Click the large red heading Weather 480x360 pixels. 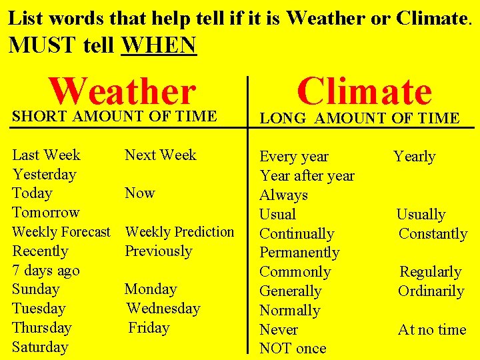(x=123, y=91)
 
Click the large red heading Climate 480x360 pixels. (x=364, y=91)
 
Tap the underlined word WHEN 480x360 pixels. (x=159, y=45)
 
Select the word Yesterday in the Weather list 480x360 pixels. (x=44, y=174)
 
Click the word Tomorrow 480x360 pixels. (x=45, y=213)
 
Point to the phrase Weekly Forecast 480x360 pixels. (x=61, y=232)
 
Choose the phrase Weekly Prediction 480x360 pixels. (x=180, y=232)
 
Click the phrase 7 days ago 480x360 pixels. (x=45, y=271)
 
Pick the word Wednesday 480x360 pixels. (x=163, y=309)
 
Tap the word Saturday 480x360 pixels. (x=40, y=347)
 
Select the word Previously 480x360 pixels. (x=158, y=251)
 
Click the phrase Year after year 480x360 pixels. (x=307, y=176)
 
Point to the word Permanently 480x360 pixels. (x=299, y=253)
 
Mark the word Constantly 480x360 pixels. (x=433, y=234)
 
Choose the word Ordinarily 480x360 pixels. (x=431, y=291)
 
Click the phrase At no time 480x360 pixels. (x=432, y=329)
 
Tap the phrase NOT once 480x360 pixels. (x=293, y=349)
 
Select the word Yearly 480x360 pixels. (x=414, y=157)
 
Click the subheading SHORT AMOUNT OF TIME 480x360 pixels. (x=114, y=116)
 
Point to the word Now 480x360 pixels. (x=140, y=193)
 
